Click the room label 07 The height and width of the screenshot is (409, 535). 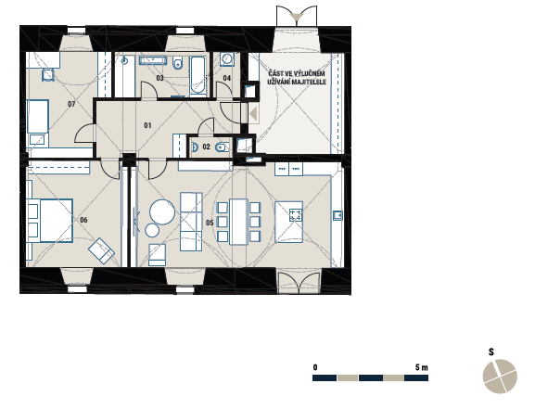coord(71,104)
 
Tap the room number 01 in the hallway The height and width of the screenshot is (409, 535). coord(147,125)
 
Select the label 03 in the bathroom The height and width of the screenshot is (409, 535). coord(160,78)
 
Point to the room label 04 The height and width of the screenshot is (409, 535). coord(227,78)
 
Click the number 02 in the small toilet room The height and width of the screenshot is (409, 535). coord(206,147)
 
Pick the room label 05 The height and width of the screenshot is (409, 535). coord(210,223)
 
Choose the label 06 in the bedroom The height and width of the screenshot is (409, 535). coord(83,220)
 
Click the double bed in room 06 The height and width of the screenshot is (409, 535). coord(50,221)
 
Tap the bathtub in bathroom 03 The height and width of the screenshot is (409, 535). coord(197,75)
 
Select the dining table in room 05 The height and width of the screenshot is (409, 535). coord(238,222)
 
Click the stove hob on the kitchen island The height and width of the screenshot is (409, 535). coord(296,215)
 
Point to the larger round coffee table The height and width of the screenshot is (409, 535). coord(162,211)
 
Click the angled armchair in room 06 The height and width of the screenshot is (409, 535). coord(101,250)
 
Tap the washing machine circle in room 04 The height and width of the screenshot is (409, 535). coord(226,58)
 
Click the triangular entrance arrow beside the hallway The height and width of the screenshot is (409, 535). coord(253,113)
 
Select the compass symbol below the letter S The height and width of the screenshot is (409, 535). coord(500,377)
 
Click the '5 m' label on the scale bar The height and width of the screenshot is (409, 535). coord(421,367)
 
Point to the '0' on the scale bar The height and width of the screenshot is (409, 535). coord(315,367)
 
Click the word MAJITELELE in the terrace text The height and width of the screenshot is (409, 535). coord(311,82)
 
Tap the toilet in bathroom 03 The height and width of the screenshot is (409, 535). coord(177,62)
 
